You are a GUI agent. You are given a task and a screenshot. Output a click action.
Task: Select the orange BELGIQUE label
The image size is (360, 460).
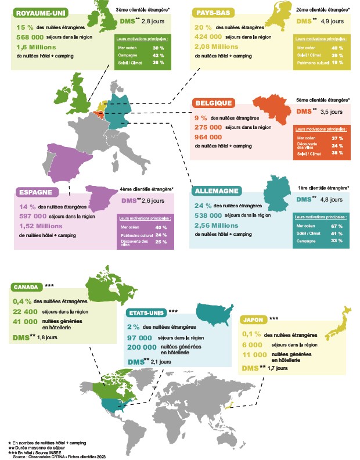pyautogui.click(x=214, y=103)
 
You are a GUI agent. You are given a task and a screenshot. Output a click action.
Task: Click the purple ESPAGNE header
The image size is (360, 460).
pyautogui.click(x=35, y=192)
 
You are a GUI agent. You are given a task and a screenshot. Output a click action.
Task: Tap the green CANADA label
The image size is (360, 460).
pyautogui.click(x=27, y=287)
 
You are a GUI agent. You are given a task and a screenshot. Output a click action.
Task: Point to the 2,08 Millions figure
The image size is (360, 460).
pyautogui.click(x=217, y=47)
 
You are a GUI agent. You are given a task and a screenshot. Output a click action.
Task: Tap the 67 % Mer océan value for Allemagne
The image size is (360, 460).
pyautogui.click(x=336, y=225)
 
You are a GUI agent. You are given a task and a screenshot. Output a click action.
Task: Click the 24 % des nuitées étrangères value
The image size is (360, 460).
pyautogui.click(x=203, y=206)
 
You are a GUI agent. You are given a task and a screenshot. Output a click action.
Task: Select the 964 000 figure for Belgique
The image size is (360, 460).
pyautogui.click(x=208, y=137)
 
